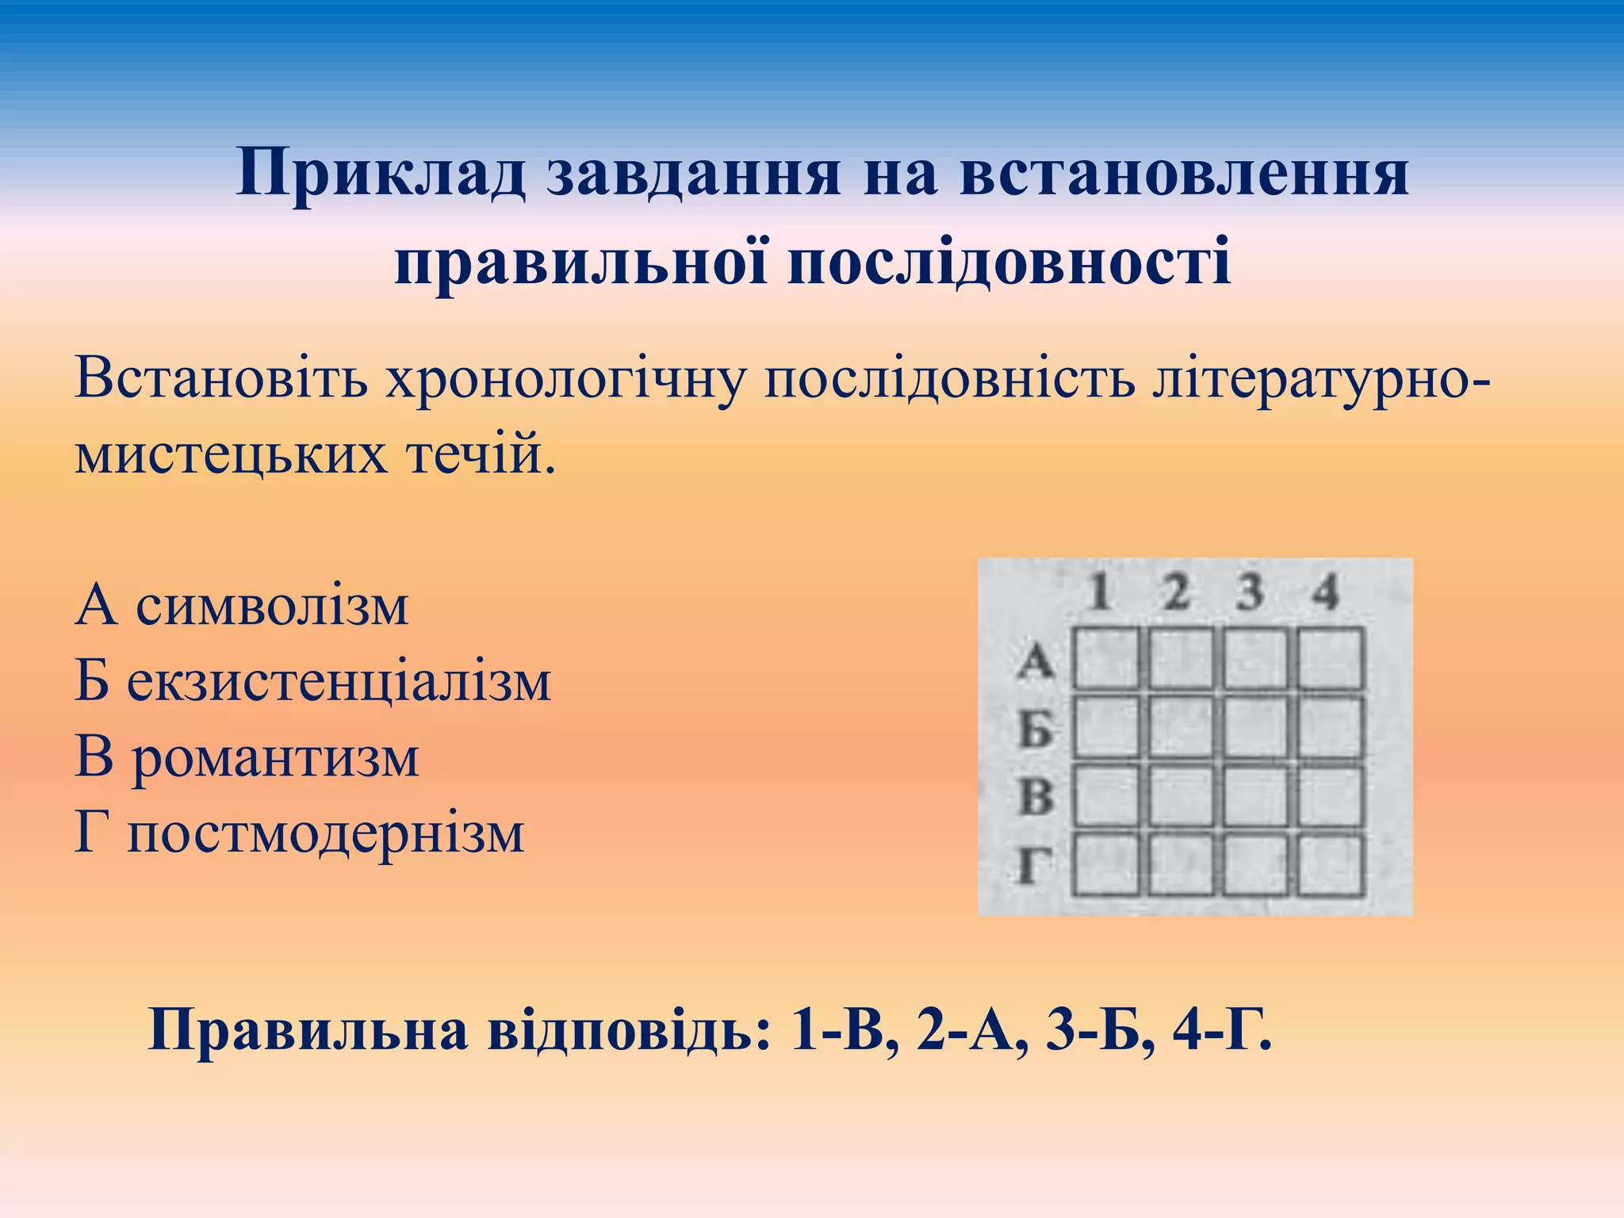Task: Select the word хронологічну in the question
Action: [x=565, y=379]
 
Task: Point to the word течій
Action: [x=481, y=454]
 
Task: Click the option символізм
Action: [x=272, y=607]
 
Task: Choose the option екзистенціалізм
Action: [x=339, y=682]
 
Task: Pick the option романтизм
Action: [x=275, y=758]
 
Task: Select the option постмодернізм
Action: [x=326, y=833]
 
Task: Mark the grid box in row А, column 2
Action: [x=1181, y=658]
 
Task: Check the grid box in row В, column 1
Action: [x=1106, y=795]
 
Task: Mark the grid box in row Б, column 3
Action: [x=1254, y=727]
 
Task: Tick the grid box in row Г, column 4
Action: [x=1330, y=864]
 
